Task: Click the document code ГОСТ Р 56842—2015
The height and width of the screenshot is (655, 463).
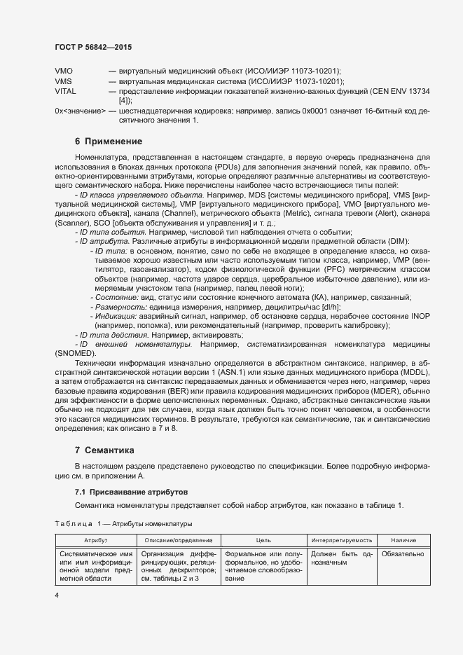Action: click(x=93, y=46)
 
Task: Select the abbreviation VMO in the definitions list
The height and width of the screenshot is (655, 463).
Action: click(x=63, y=71)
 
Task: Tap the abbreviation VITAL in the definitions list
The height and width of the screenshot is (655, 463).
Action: click(x=65, y=91)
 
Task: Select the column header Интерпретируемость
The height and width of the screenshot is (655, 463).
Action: click(x=341, y=541)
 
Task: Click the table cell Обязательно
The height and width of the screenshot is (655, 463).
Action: click(x=403, y=553)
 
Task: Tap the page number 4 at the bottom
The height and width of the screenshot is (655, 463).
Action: click(x=57, y=595)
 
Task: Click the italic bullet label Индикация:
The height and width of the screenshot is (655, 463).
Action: click(x=116, y=316)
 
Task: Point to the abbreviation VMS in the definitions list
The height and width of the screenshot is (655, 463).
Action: click(x=63, y=81)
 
